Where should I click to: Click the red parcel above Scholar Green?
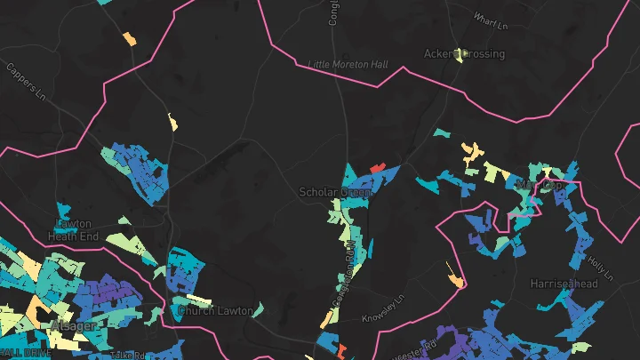377,166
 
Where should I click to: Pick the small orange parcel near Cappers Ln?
130,39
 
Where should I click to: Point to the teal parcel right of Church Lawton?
259,309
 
